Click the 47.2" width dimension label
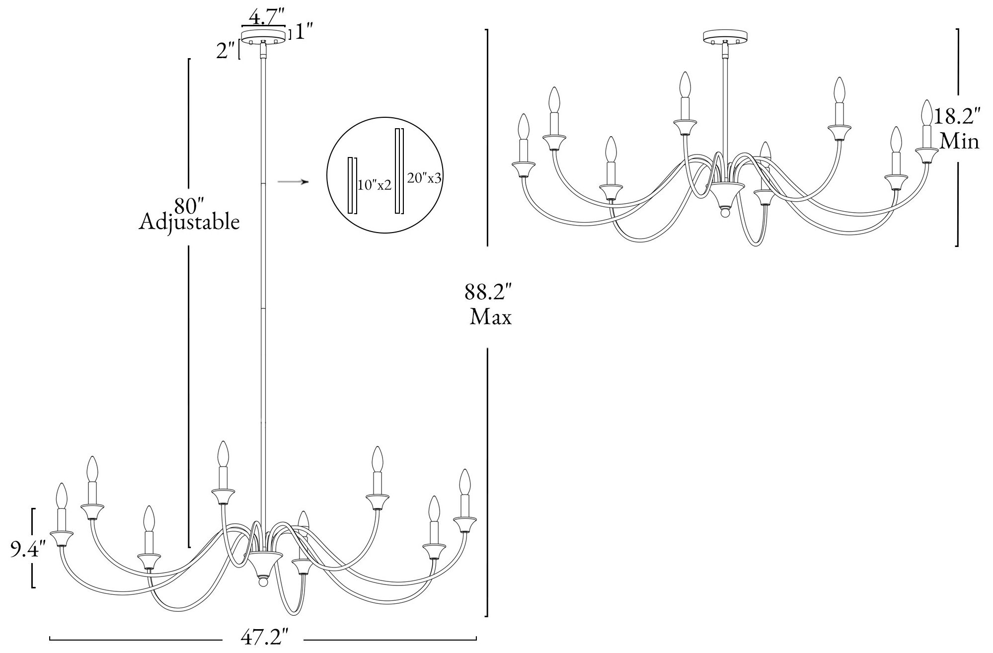coord(264,638)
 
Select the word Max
coord(490,317)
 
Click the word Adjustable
coord(189,222)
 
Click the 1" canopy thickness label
coord(303,33)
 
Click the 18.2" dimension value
coord(957,118)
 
